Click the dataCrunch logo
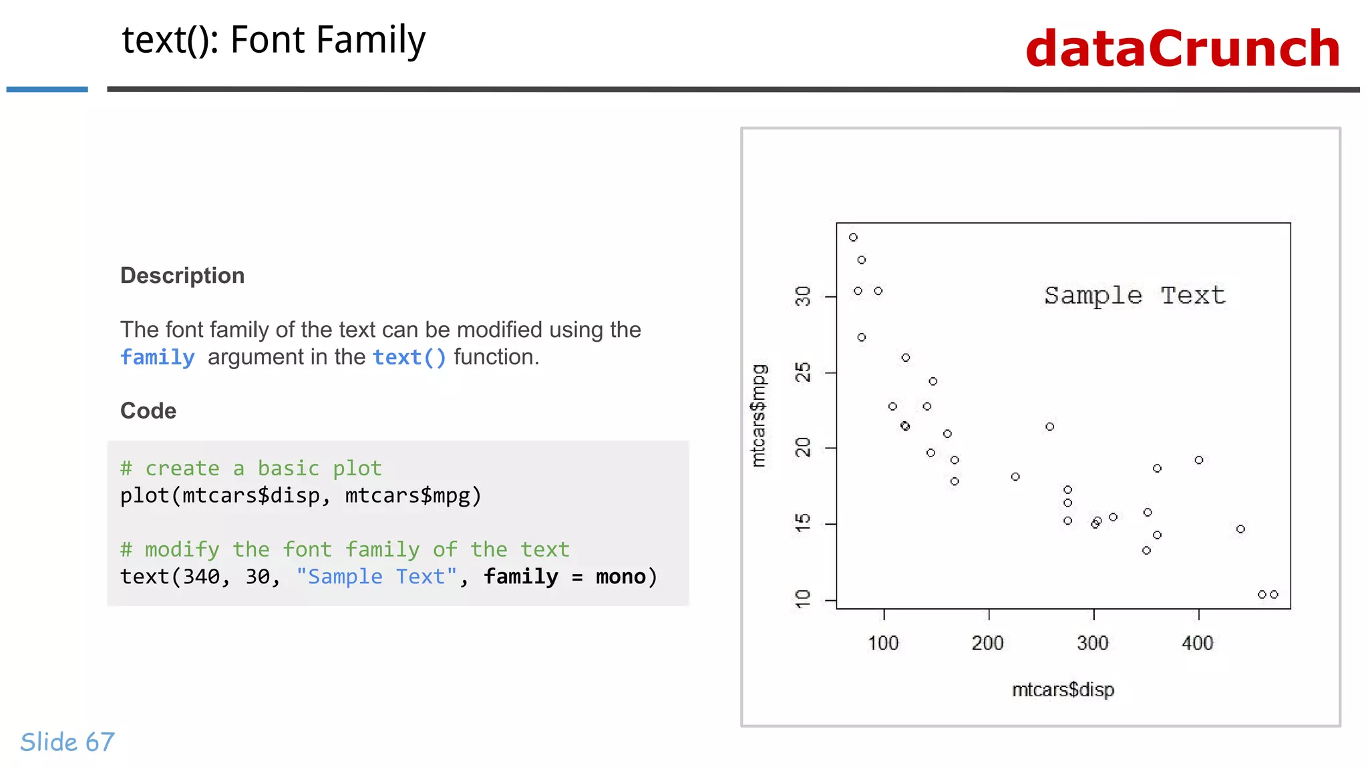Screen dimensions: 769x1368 pyautogui.click(x=1182, y=49)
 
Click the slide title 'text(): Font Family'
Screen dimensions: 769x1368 pyautogui.click(x=273, y=40)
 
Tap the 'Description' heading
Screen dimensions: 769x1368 pyautogui.click(x=182, y=276)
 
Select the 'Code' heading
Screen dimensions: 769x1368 pyautogui.click(x=148, y=411)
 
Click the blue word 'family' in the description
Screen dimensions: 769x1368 pyautogui.click(x=158, y=357)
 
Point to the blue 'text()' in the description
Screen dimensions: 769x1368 pyautogui.click(x=409, y=357)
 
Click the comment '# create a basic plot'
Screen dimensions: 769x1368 pyautogui.click(x=250, y=468)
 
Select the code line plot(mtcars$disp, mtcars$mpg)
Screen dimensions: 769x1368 pyautogui.click(x=301, y=495)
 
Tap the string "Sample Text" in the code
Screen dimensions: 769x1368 pyautogui.click(x=377, y=576)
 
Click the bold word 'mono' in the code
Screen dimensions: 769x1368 pyautogui.click(x=621, y=576)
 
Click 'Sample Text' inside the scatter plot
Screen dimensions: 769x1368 pyautogui.click(x=1134, y=295)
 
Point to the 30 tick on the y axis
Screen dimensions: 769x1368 pyautogui.click(x=803, y=296)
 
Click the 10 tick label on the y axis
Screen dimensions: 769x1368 pyautogui.click(x=803, y=599)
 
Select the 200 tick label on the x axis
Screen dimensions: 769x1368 pyautogui.click(x=987, y=643)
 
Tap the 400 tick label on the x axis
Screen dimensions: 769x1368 pyautogui.click(x=1197, y=643)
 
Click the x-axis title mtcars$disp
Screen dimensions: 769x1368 pyautogui.click(x=1063, y=690)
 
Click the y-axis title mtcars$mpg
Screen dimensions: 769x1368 pyautogui.click(x=759, y=415)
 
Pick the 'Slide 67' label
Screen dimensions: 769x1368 pyautogui.click(x=67, y=742)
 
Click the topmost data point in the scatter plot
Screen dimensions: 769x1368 pyautogui.click(x=853, y=237)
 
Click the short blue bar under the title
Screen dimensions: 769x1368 pyautogui.click(x=47, y=89)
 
